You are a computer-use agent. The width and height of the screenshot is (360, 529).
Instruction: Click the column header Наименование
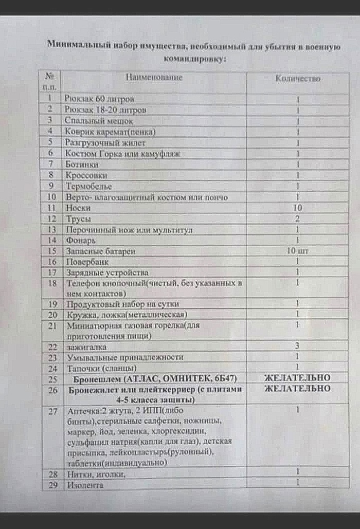tap(154, 78)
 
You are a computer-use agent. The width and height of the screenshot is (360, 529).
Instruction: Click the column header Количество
tap(298, 79)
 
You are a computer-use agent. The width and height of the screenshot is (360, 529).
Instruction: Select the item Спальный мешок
tap(99, 121)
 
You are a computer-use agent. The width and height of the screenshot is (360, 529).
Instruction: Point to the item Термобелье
tap(88, 186)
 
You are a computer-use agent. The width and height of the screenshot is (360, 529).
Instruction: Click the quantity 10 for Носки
tap(298, 208)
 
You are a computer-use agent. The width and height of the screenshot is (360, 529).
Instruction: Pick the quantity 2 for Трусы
tap(298, 219)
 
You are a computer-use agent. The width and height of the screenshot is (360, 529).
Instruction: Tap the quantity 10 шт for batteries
tap(298, 251)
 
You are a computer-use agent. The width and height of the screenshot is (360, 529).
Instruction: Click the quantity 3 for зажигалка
tap(298, 346)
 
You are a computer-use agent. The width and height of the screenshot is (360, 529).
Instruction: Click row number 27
tap(51, 411)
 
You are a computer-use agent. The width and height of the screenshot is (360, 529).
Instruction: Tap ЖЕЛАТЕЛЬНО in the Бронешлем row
tap(298, 378)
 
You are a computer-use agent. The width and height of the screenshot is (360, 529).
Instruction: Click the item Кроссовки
tap(86, 175)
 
